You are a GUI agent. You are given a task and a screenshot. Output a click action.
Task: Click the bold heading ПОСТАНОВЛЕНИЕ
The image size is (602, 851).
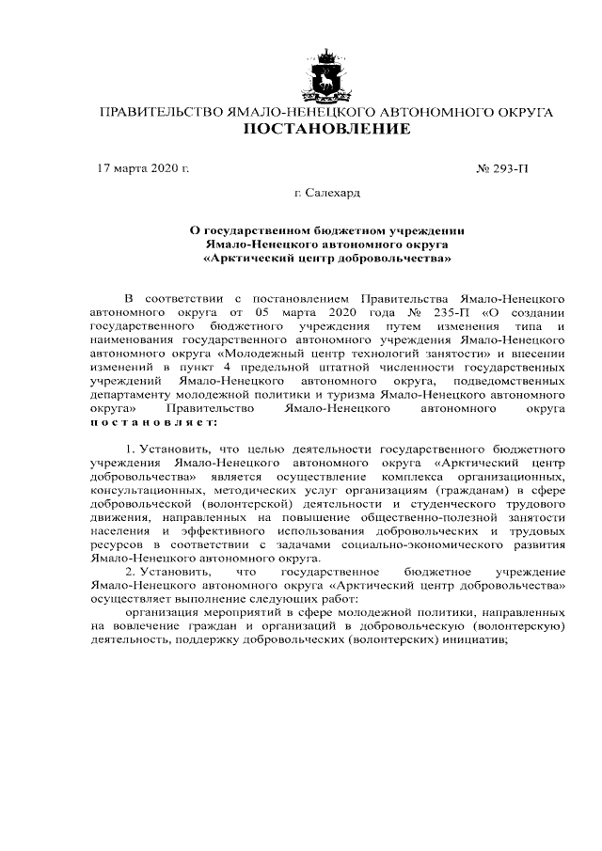click(326, 129)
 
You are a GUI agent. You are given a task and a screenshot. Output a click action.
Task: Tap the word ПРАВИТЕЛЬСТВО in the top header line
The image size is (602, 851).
click(154, 112)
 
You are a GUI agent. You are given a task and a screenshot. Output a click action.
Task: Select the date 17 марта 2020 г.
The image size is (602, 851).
click(144, 169)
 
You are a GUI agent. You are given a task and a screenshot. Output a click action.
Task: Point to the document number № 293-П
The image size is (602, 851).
click(503, 169)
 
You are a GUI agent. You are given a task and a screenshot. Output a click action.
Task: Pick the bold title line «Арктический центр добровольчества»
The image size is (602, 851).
click(326, 256)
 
